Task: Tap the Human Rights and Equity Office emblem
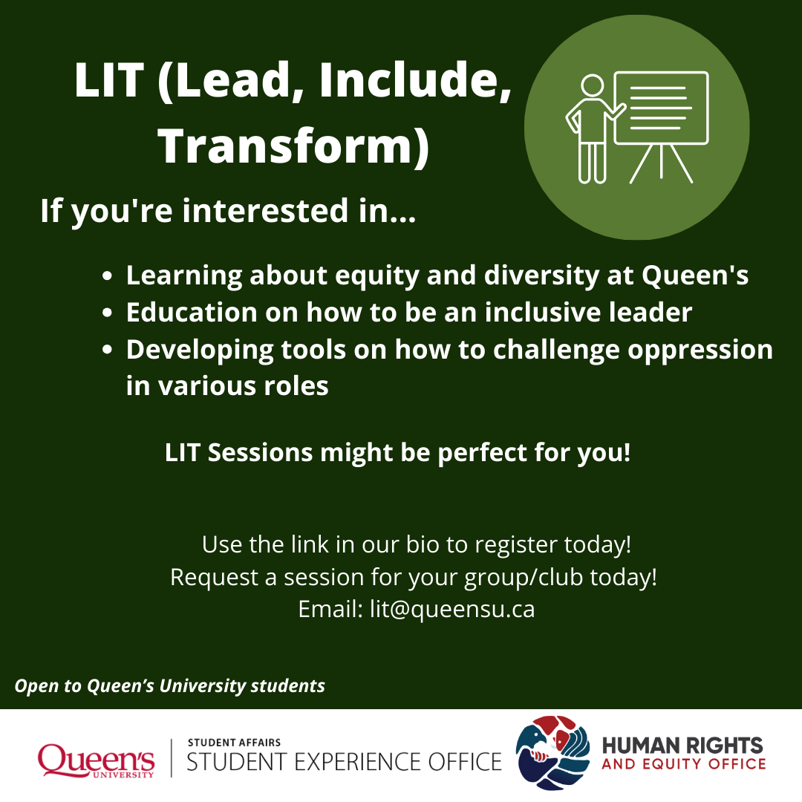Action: coord(553,753)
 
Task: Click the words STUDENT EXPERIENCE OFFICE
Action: coord(345,762)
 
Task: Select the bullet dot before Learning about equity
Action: coord(108,276)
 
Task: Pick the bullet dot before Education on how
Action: coord(108,313)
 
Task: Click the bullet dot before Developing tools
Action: coord(108,349)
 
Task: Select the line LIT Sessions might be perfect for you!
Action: coord(397,453)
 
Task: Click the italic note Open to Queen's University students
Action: coord(170,685)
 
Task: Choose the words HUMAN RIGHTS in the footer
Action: coord(682,745)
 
